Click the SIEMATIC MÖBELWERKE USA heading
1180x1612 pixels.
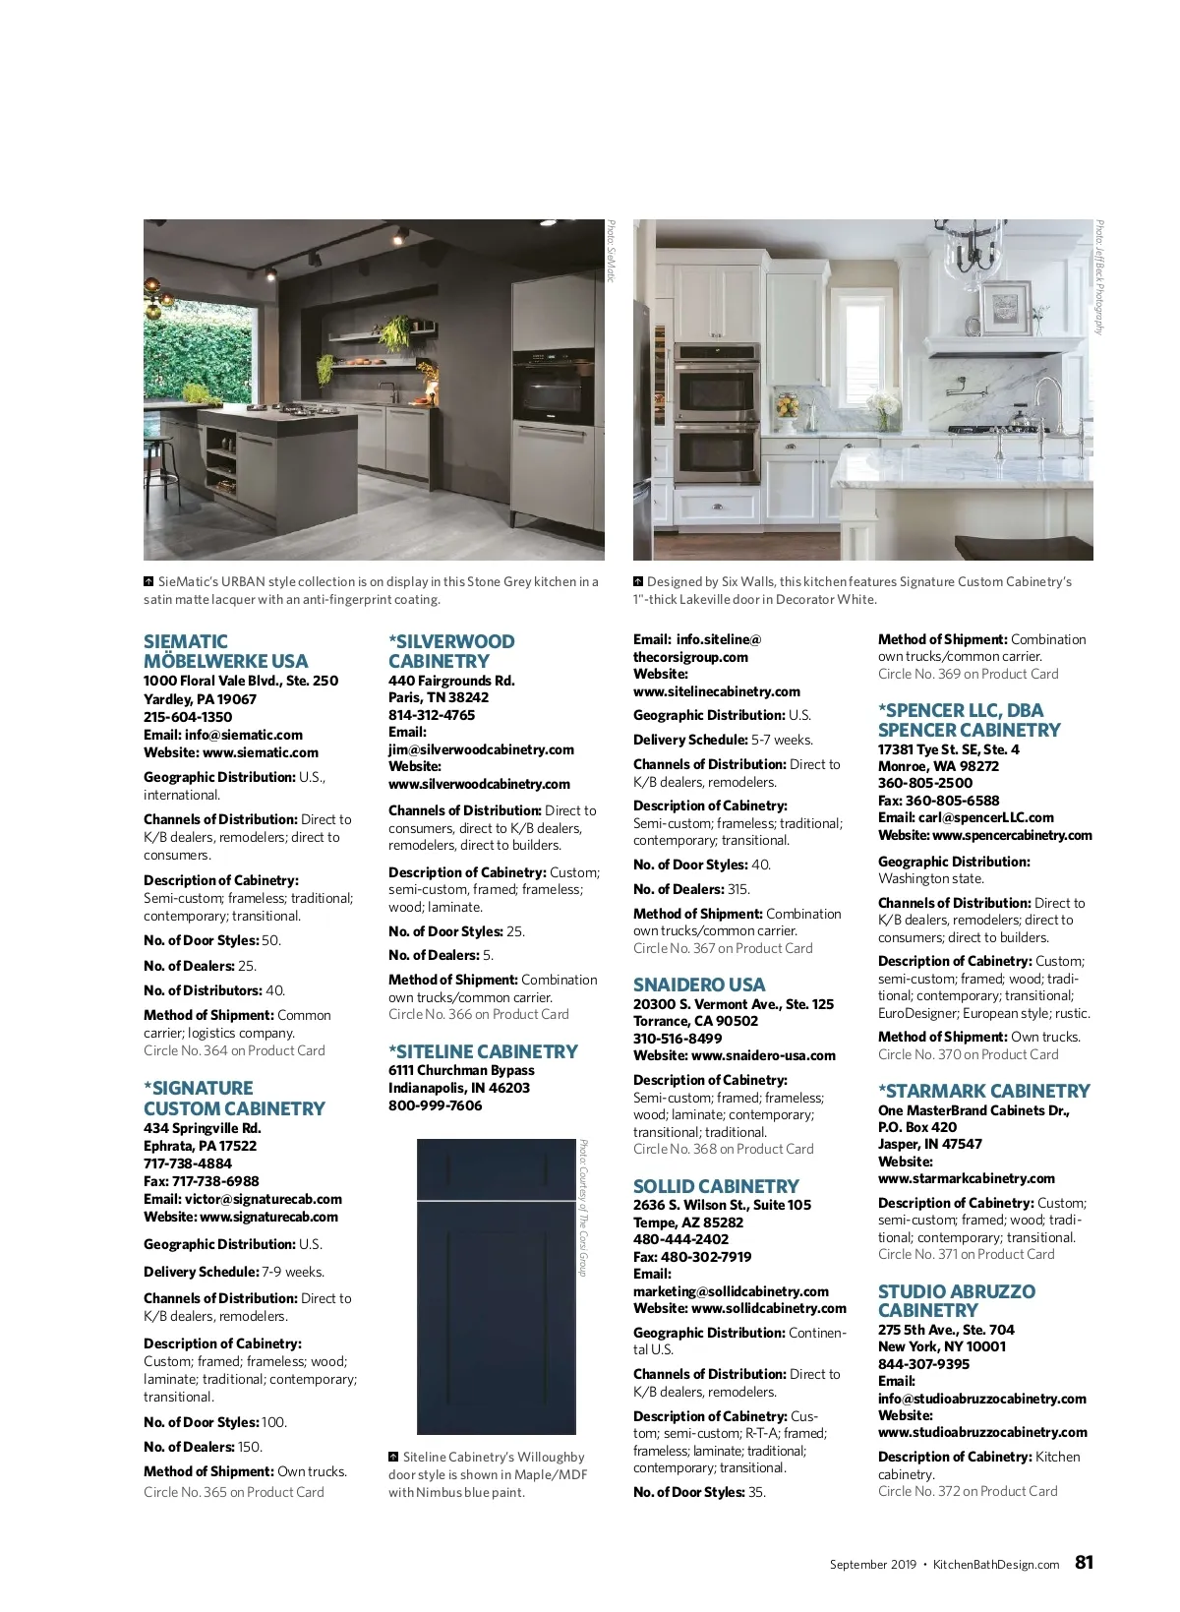coord(225,651)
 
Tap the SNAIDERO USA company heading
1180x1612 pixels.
coord(698,985)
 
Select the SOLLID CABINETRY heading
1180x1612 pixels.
coord(716,1186)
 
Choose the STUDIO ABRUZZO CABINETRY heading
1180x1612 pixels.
coord(956,1300)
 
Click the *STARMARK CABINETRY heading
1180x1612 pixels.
coord(983,1091)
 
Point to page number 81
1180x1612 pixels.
coord(1084,1562)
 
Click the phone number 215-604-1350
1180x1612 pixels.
coord(188,717)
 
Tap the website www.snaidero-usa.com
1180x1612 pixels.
coord(763,1055)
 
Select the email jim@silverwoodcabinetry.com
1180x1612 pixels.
coord(481,749)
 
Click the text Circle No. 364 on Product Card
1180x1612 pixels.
coord(234,1050)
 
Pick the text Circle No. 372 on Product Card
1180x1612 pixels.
coord(968,1491)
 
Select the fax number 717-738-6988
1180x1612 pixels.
coord(202,1181)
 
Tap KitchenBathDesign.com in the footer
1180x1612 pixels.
coord(995,1564)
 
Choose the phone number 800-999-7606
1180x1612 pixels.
coord(435,1105)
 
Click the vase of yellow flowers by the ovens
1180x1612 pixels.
coord(787,406)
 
